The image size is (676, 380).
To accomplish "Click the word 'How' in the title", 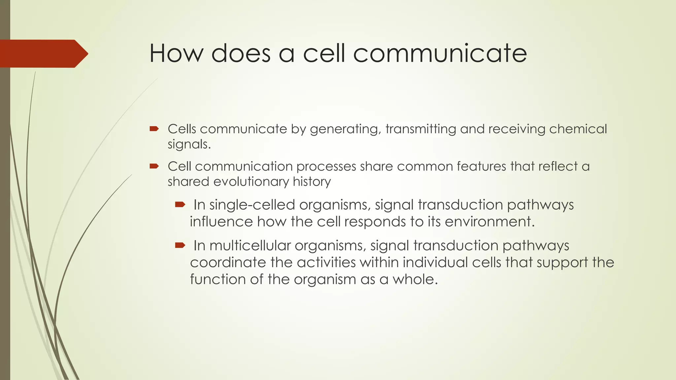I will click(177, 53).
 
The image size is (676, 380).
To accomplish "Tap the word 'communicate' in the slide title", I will click(440, 53).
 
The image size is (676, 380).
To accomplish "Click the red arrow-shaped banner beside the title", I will click(43, 54).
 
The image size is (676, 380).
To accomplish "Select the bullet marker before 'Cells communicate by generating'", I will click(154, 129).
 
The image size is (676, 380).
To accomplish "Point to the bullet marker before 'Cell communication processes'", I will click(154, 166).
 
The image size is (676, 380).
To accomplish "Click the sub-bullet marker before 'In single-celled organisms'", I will click(180, 205).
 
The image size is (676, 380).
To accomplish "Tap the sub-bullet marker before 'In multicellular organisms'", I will click(180, 245).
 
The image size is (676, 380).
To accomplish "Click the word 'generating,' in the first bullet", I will click(345, 129).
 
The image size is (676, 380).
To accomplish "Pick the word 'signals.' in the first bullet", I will click(189, 144).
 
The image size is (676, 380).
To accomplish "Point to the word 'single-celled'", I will click(252, 205).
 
